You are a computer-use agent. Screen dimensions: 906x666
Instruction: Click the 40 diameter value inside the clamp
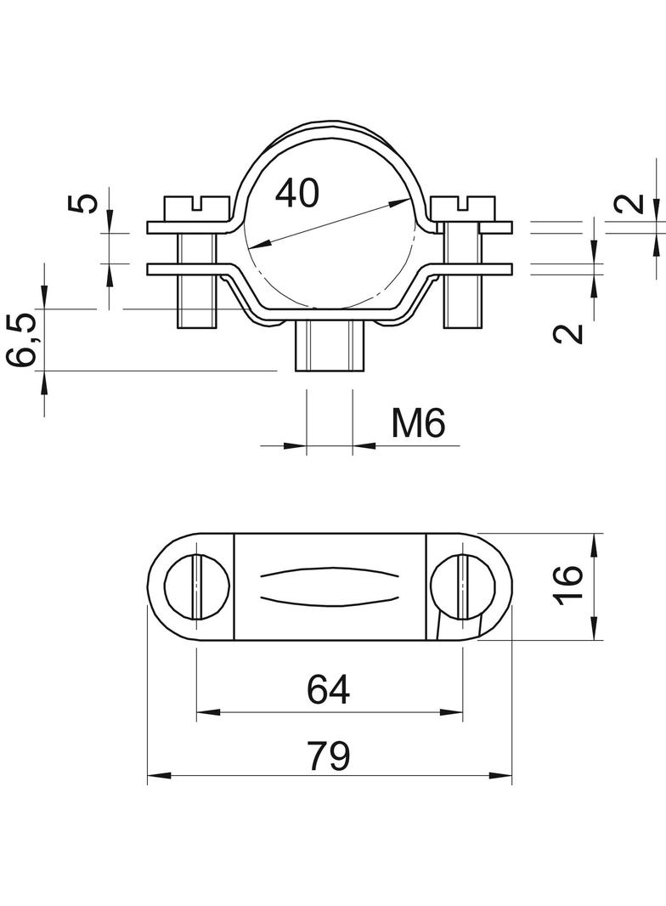click(x=297, y=194)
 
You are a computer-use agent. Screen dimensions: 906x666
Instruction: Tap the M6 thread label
click(x=418, y=423)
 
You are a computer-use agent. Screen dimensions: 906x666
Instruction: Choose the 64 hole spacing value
click(x=328, y=691)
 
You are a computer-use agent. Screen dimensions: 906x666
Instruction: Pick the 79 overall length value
click(x=328, y=756)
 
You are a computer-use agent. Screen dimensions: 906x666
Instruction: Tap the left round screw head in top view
click(x=196, y=586)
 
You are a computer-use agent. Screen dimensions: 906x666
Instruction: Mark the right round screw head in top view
click(x=463, y=586)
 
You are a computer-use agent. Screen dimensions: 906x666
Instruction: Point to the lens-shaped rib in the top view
click(x=329, y=586)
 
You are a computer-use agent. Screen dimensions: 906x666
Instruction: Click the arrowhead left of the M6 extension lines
click(x=294, y=444)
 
